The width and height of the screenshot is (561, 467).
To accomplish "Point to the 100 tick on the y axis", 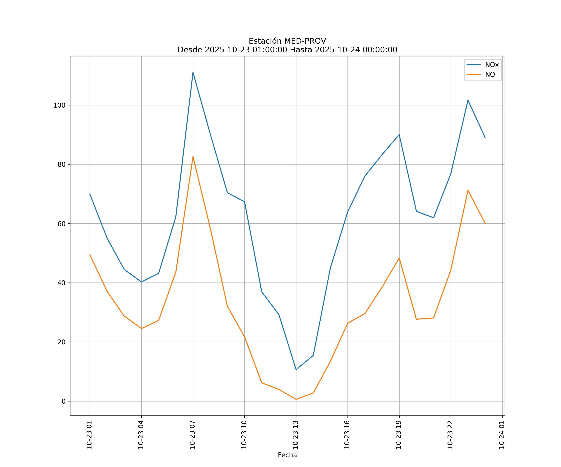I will tap(59, 105).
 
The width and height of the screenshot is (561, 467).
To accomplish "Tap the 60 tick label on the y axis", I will tap(61, 224).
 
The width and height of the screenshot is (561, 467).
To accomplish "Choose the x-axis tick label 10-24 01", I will tap(502, 434).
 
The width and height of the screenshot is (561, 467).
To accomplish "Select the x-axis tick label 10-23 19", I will tap(399, 434).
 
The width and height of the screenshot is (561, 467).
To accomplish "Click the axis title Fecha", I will tap(287, 455).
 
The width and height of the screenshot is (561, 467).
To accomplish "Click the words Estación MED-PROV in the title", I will tap(287, 41).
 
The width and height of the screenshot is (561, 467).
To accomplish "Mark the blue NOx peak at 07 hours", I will tap(193, 72).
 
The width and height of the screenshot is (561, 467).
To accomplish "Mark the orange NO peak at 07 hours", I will tap(193, 156).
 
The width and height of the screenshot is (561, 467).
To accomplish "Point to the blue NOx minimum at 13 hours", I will tap(296, 370).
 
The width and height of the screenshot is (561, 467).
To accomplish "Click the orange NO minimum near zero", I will tap(296, 399).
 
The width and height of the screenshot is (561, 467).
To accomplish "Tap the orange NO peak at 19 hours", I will tap(399, 258).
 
